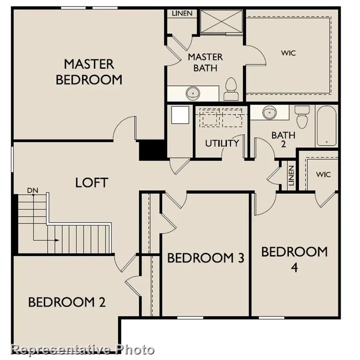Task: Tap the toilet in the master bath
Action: pyautogui.click(x=231, y=89)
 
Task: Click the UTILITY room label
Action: pyautogui.click(x=222, y=143)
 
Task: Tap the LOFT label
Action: pyautogui.click(x=92, y=183)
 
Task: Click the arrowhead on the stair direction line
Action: pyautogui.click(x=58, y=240)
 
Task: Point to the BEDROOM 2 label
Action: pyautogui.click(x=67, y=302)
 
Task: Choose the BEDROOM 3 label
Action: pyautogui.click(x=206, y=258)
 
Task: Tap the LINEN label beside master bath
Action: pyautogui.click(x=182, y=13)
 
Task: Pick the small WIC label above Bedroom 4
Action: pyautogui.click(x=323, y=175)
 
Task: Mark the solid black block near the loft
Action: pyautogui.click(x=152, y=149)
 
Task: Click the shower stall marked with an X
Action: pyautogui.click(x=221, y=21)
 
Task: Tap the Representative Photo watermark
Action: pyautogui.click(x=83, y=350)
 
